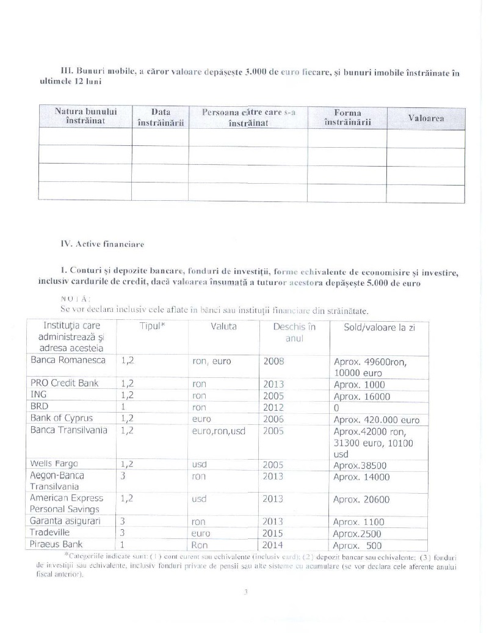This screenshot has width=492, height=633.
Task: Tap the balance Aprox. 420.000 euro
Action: point(377,420)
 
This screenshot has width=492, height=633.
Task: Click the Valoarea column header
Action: point(425,118)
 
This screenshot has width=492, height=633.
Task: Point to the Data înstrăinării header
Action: point(161,117)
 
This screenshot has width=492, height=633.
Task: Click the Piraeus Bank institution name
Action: point(56,544)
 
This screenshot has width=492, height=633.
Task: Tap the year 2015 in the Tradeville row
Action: point(273,533)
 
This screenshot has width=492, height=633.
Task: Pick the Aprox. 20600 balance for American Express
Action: point(361,499)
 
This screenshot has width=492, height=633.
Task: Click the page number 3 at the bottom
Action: point(245,591)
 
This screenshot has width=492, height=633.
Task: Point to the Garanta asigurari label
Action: point(65,521)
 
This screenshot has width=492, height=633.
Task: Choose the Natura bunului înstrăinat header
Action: point(85,117)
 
